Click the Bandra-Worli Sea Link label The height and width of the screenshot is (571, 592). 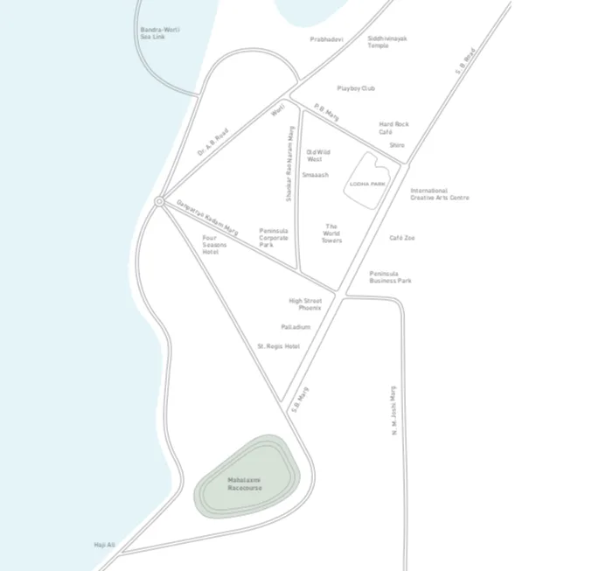[159, 33]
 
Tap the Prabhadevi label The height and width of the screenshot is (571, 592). [326, 39]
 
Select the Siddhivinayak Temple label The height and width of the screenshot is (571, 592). [387, 42]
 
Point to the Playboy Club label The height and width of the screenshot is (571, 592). [356, 88]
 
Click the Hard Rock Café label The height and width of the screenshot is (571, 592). [394, 128]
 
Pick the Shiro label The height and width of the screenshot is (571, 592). [397, 145]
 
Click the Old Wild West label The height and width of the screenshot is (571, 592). [318, 156]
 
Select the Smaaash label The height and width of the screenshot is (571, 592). [315, 175]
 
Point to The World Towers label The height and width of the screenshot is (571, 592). [331, 233]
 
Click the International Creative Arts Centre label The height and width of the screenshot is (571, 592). [439, 194]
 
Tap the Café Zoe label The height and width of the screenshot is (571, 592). [402, 238]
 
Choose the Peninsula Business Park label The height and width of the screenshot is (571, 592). [390, 276]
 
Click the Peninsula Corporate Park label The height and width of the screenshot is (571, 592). [273, 237]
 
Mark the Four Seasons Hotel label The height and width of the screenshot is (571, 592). [214, 244]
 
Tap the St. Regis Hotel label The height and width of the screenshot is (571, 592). [278, 346]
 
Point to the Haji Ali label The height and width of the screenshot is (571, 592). [105, 545]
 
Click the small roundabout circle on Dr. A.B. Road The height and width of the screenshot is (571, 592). [159, 202]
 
